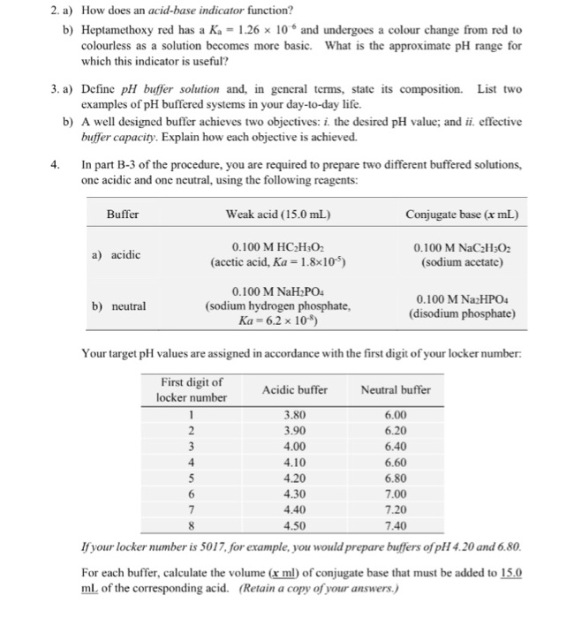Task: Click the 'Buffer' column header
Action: pos(123,215)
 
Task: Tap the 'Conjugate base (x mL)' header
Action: pos(462,215)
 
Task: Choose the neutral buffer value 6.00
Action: pos(397,413)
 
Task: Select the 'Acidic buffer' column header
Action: pos(294,389)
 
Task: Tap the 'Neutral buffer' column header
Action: pos(396,389)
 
